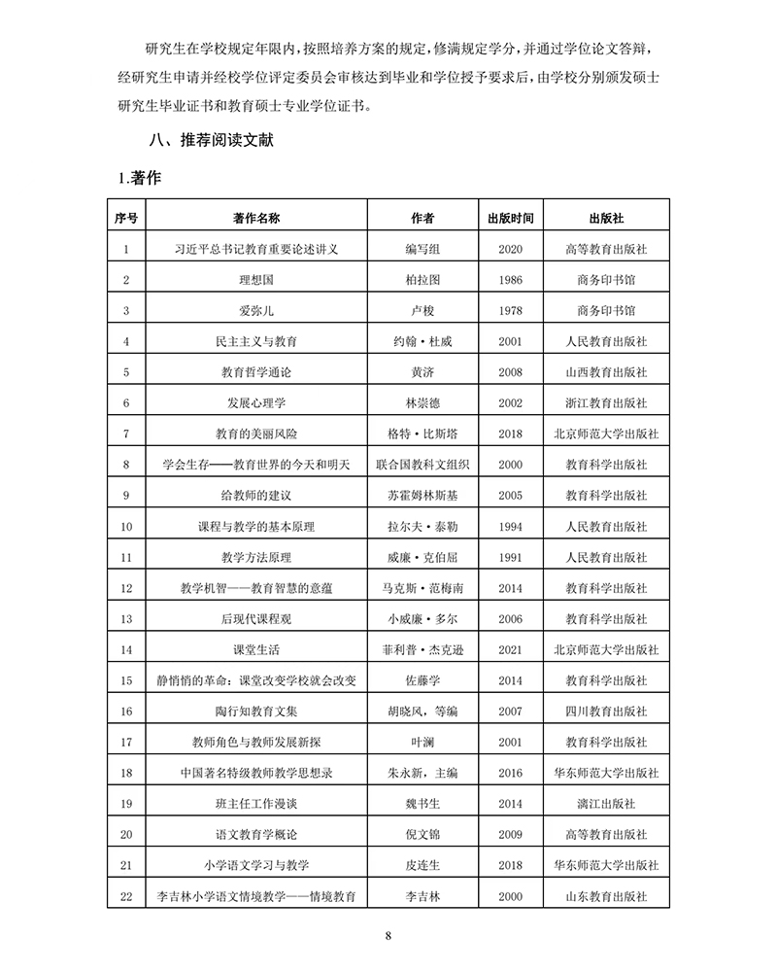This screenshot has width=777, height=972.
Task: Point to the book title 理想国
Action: click(x=256, y=280)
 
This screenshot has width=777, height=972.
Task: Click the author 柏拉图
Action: click(x=422, y=280)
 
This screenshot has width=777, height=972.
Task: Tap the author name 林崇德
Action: click(x=422, y=402)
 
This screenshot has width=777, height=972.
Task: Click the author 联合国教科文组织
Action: click(x=422, y=465)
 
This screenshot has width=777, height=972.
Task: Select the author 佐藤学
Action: click(x=422, y=680)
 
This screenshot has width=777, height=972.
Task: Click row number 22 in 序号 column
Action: click(x=125, y=896)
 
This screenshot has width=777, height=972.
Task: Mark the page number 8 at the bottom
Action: click(x=388, y=936)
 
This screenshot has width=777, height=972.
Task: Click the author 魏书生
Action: click(x=422, y=804)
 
